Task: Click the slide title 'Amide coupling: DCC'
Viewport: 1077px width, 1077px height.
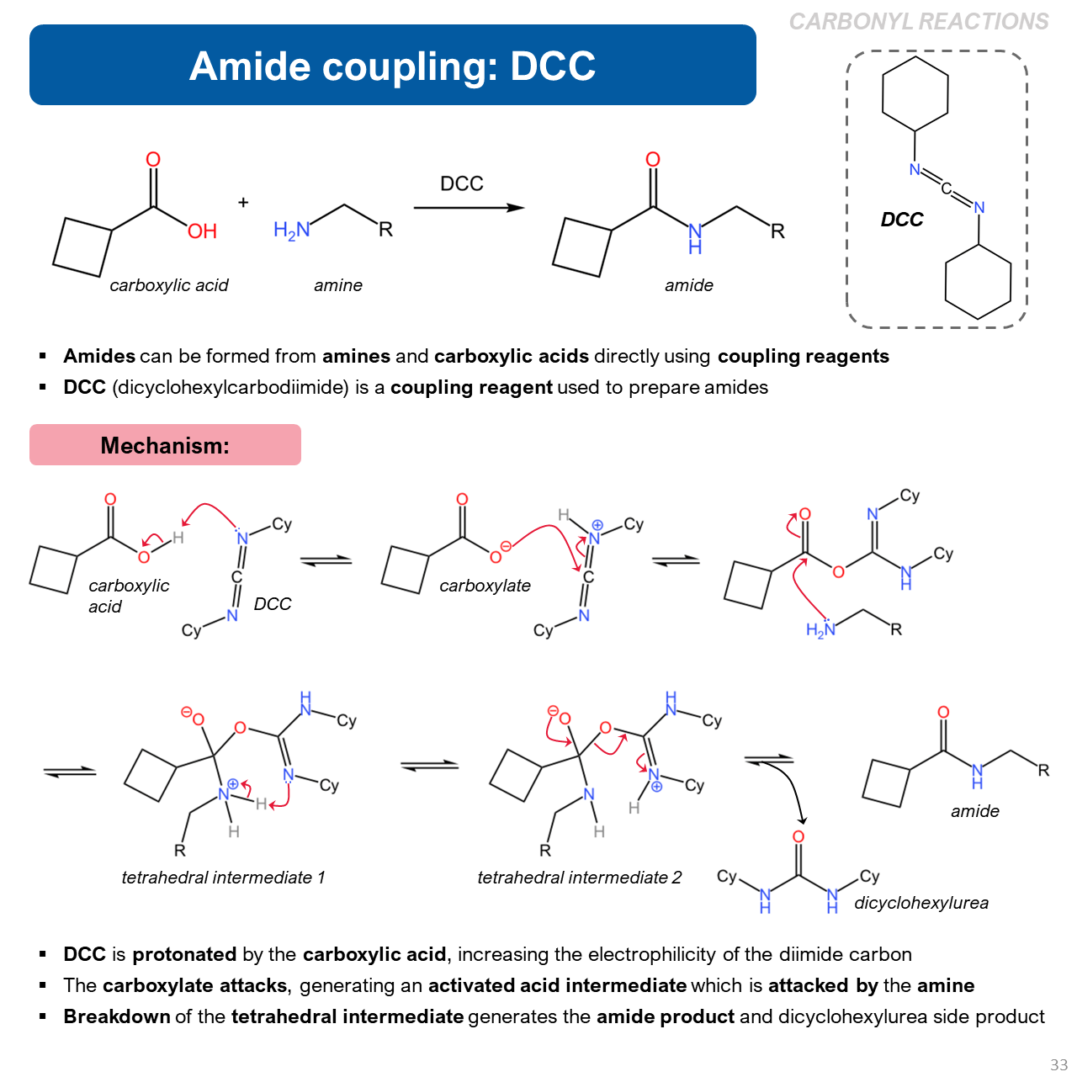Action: point(392,66)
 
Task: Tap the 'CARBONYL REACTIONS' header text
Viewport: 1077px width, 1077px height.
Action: point(918,22)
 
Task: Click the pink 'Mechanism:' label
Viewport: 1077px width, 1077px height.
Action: point(165,445)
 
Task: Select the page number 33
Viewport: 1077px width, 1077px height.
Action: point(1058,1064)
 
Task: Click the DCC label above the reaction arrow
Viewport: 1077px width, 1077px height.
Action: point(462,183)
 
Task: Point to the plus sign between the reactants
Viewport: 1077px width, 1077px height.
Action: point(243,203)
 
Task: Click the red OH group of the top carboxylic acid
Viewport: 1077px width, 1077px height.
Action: point(202,231)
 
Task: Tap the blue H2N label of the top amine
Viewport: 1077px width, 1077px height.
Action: point(291,230)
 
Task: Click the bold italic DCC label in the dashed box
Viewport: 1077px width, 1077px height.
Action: point(901,220)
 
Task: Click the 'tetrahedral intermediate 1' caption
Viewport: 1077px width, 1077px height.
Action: point(223,878)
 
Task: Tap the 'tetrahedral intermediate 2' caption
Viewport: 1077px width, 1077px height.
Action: point(579,878)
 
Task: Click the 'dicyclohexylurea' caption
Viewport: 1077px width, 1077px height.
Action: point(921,903)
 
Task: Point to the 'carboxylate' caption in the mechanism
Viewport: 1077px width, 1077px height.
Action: point(485,586)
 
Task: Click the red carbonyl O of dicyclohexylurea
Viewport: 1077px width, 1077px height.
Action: point(798,836)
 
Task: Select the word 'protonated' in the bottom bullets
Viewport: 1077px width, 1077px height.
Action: point(184,954)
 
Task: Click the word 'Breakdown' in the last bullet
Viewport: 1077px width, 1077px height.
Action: point(116,1016)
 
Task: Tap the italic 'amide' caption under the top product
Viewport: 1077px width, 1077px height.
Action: point(688,285)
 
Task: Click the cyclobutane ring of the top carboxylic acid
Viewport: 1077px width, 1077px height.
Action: point(82,247)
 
